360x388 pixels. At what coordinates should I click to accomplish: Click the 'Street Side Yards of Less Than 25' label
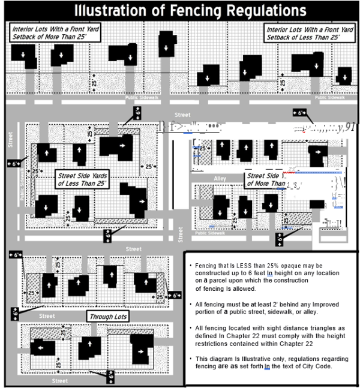click(85, 179)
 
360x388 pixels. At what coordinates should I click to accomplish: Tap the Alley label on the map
click(220, 179)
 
